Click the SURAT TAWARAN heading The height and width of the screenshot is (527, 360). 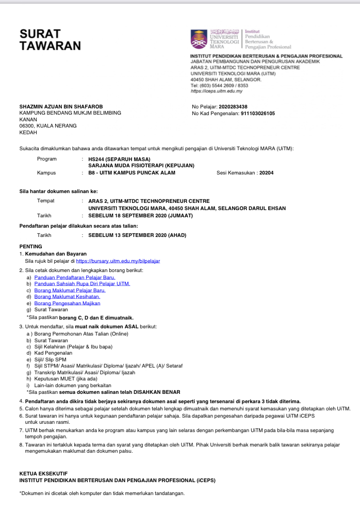tap(50, 40)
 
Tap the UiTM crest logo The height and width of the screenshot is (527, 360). tap(199, 39)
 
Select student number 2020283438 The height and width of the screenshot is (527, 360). tap(233, 106)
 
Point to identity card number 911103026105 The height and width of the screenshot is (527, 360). tap(258, 113)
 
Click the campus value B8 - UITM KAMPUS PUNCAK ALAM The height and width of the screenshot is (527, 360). tap(132, 172)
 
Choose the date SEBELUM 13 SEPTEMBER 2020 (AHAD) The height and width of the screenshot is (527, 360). tap(137, 235)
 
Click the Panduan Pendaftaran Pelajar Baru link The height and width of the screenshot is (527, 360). tap(74, 277)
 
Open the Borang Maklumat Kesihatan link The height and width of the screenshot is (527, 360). tap(67, 297)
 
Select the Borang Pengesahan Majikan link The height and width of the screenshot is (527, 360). tap(67, 303)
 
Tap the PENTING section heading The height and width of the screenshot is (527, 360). tap(30, 246)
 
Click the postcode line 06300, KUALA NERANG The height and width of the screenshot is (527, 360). tap(47, 125)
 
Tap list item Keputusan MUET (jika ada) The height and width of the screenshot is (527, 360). tap(68, 379)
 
